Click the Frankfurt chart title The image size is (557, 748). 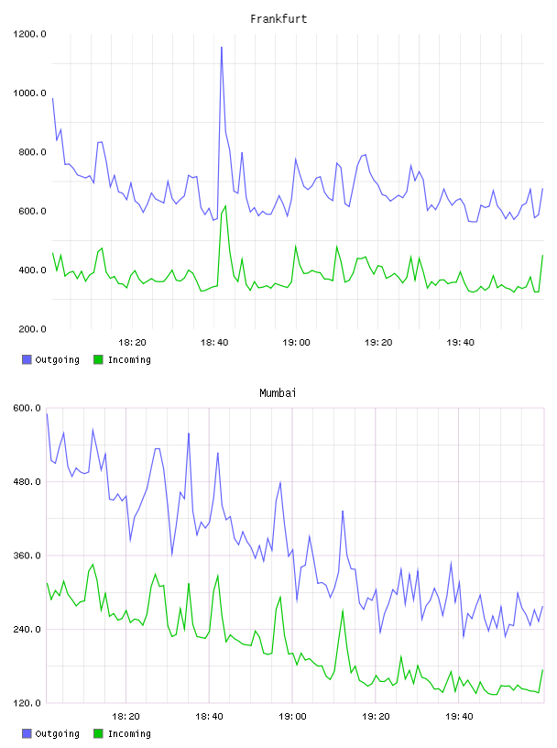point(278,19)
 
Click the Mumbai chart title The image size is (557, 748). point(278,393)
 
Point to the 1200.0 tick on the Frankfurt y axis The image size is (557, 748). point(29,34)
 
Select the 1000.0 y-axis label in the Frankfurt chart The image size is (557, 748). point(29,93)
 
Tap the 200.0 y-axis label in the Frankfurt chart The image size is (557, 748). point(32,329)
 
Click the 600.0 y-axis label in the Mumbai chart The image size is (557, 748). point(27,408)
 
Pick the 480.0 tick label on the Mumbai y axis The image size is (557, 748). point(27,482)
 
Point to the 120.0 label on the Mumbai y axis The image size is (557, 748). point(27,703)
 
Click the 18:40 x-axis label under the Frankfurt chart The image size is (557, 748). point(214,343)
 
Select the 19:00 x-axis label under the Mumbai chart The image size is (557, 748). point(292,717)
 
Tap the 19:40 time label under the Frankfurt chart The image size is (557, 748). point(460,343)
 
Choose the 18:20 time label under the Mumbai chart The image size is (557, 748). point(126,717)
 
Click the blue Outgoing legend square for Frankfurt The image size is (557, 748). point(27,359)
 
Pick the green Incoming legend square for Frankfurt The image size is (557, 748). point(98,359)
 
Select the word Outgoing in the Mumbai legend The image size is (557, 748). point(57,733)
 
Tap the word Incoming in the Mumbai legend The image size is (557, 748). point(129,733)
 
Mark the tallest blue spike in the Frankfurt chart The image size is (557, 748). point(222,48)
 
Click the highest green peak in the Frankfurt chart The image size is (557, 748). point(225,206)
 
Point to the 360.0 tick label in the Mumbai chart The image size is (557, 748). point(27,555)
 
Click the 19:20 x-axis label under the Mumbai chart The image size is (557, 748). point(376,717)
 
